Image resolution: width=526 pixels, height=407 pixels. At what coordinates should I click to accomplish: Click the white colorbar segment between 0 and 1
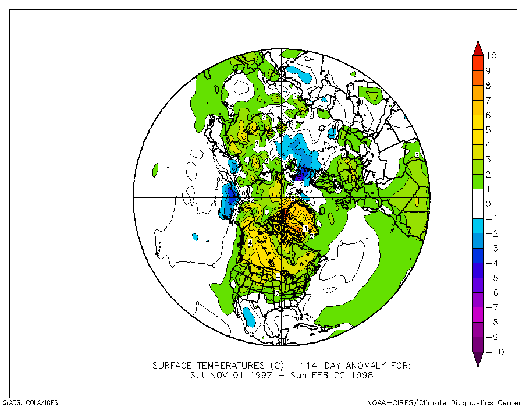click(x=477, y=196)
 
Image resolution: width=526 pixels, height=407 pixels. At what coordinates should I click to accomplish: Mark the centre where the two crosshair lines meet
click(x=282, y=197)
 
